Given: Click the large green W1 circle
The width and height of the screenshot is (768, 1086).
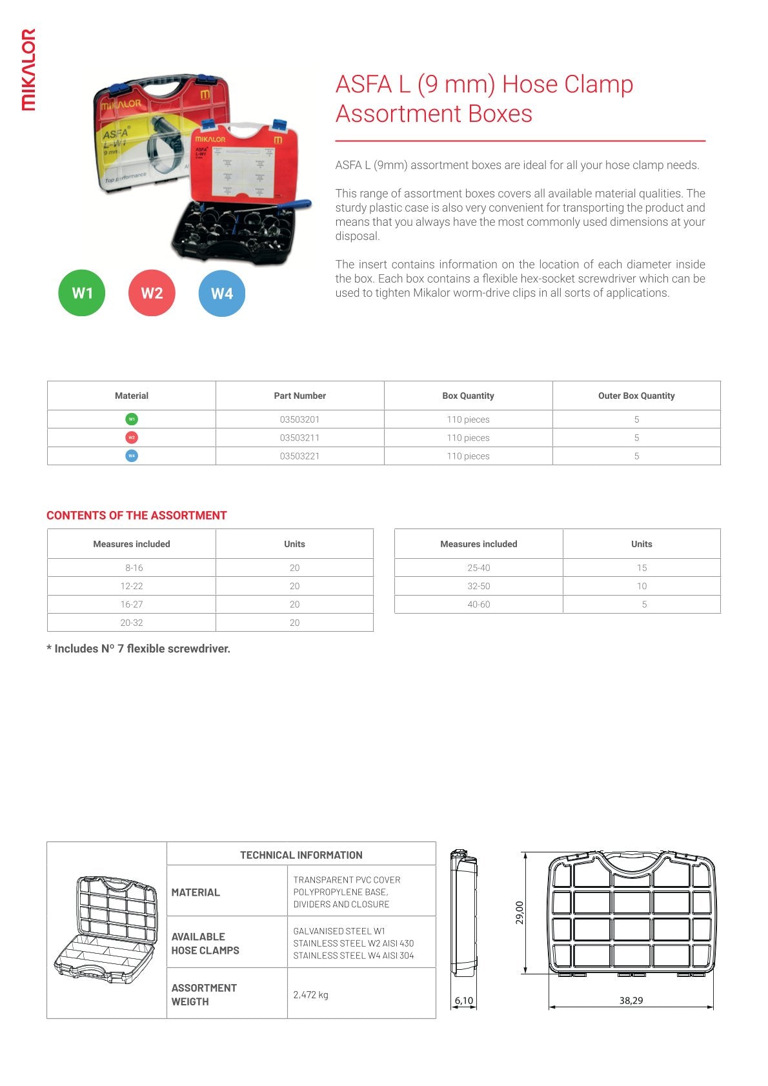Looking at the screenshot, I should [x=82, y=294].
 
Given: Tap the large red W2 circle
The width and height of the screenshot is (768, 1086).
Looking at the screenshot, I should [x=152, y=294].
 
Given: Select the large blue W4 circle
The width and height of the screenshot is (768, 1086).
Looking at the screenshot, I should [x=221, y=294].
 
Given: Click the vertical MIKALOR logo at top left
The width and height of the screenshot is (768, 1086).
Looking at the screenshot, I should [x=28, y=70].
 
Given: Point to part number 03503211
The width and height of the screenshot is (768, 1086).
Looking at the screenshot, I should [x=299, y=437].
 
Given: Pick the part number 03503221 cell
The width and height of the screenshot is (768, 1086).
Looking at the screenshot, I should [x=299, y=456].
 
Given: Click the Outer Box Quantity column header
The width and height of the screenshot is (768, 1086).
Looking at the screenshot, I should [x=636, y=396].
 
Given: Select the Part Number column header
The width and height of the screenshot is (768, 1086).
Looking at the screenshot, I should [x=299, y=396].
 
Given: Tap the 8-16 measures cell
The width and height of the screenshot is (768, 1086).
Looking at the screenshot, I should [x=134, y=568].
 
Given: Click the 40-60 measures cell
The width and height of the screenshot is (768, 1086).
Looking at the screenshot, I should [x=478, y=605].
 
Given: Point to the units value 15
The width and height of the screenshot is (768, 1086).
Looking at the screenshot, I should [x=642, y=568].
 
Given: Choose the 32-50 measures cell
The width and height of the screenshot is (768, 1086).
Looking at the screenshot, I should [x=478, y=586].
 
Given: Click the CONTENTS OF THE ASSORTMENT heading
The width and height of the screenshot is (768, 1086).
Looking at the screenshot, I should [x=137, y=516].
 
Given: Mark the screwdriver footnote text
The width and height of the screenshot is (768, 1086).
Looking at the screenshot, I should [x=138, y=649].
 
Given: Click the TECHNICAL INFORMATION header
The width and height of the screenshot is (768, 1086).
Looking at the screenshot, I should [x=301, y=855].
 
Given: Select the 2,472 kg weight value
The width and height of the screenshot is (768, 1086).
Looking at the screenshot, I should [x=310, y=994].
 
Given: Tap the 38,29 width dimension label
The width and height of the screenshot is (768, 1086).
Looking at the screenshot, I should [x=631, y=1000].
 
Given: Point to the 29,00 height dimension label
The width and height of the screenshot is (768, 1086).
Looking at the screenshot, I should [x=520, y=912].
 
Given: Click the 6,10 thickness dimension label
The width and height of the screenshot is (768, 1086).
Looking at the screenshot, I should [x=463, y=1001].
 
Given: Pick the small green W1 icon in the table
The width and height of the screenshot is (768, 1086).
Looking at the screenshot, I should [x=132, y=419].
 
